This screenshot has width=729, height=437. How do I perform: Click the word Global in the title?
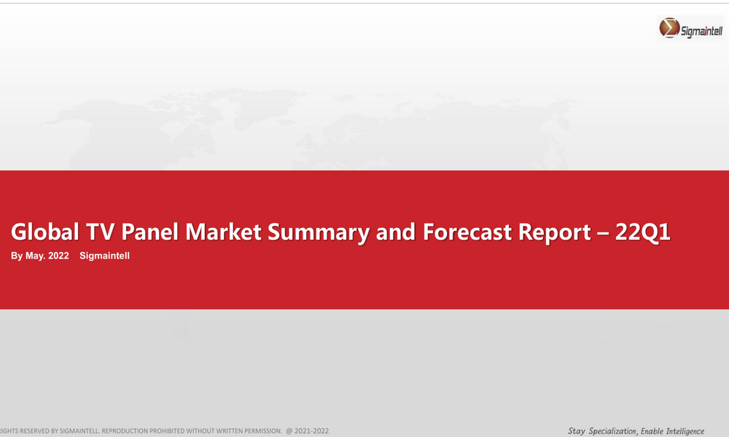45,232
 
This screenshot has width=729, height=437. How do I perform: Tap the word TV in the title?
101,232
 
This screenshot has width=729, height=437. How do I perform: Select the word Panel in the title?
149,232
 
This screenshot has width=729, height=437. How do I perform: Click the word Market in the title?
223,232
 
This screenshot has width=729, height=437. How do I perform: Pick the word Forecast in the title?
467,232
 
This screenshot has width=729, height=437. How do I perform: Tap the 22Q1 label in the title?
642,232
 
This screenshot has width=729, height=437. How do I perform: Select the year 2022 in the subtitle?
58,256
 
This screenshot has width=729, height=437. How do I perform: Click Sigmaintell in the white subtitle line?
104,256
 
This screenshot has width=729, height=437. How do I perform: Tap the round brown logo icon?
669,28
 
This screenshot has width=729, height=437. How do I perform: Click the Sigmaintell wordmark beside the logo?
701,31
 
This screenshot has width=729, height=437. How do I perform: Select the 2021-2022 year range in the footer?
311,431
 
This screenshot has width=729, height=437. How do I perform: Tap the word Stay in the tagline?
577,431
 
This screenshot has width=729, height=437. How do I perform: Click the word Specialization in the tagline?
613,431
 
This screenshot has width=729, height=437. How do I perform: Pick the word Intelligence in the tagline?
685,431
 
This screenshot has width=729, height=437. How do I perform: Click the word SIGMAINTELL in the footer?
79,431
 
